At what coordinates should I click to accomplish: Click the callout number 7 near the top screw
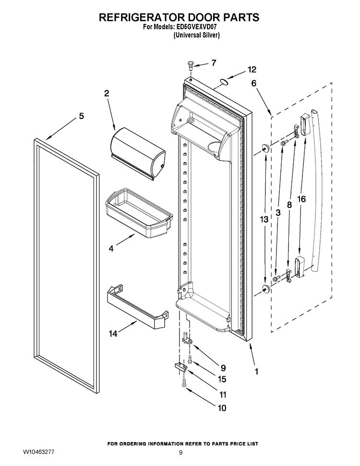pos(214,62)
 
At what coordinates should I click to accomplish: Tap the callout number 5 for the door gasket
pos(81,116)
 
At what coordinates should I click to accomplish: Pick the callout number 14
pos(113,333)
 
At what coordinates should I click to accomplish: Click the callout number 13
pos(264,219)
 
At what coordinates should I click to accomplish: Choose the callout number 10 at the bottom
pos(222,408)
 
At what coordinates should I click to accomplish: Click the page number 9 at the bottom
pos(180,453)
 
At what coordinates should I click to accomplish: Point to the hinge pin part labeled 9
pos(187,338)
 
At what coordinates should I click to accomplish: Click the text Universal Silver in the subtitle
pos(196,36)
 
